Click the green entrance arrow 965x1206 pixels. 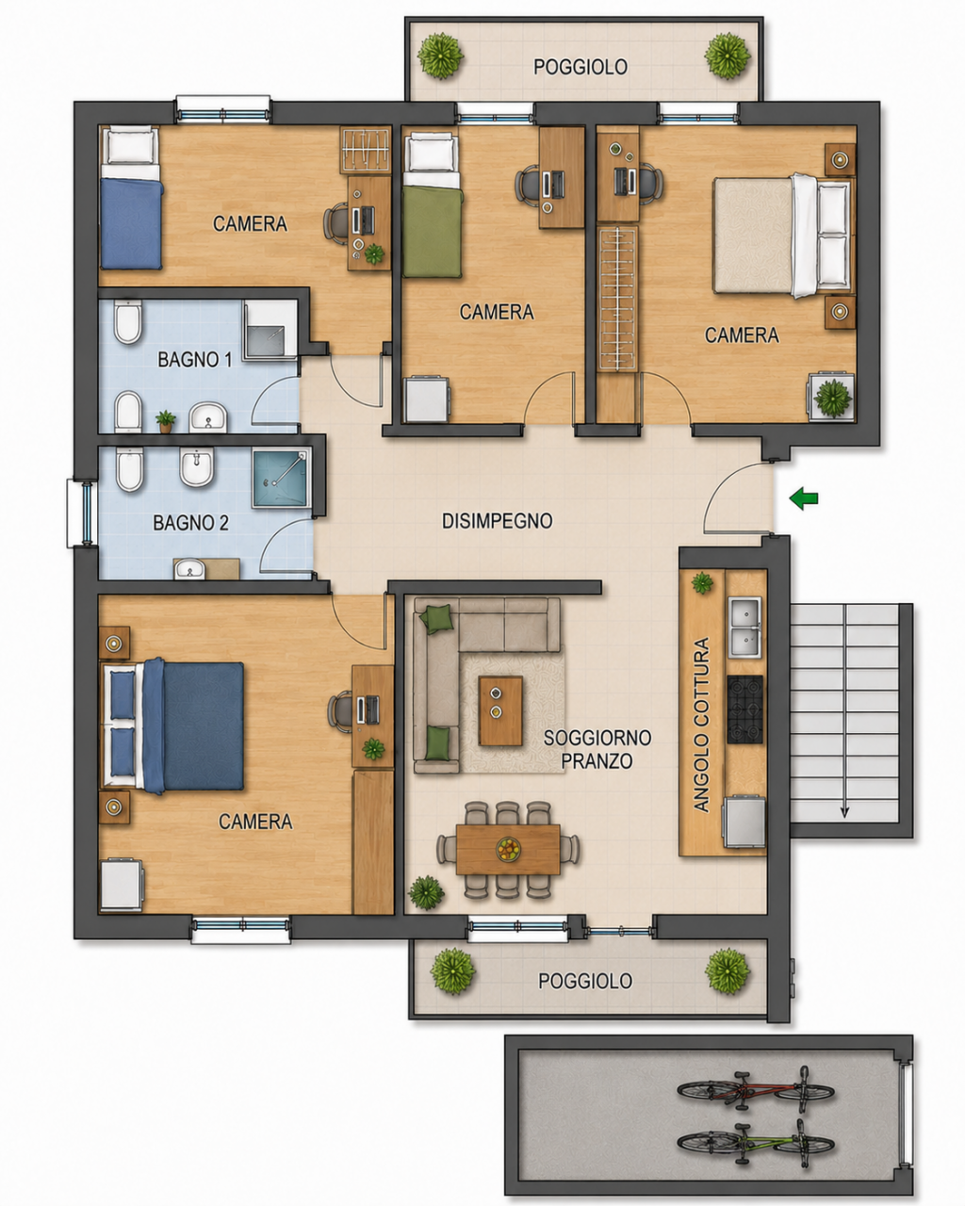coord(804,497)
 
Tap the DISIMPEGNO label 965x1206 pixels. coord(498,521)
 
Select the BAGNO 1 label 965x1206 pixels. coord(194,359)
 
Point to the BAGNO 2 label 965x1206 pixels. coord(190,523)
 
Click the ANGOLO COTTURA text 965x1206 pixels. coord(701,724)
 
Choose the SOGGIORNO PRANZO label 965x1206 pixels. coord(597,749)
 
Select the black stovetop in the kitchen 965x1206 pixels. coord(745,709)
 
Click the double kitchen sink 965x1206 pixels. coord(745,627)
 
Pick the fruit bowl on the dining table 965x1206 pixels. coord(509,849)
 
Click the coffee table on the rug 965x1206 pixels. coord(500,710)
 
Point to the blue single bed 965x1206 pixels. coord(131,197)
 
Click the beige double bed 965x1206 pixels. coord(784,236)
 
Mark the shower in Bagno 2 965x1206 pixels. coord(281,478)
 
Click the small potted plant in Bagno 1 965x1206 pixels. coord(166,421)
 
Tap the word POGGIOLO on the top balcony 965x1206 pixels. coord(580,67)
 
